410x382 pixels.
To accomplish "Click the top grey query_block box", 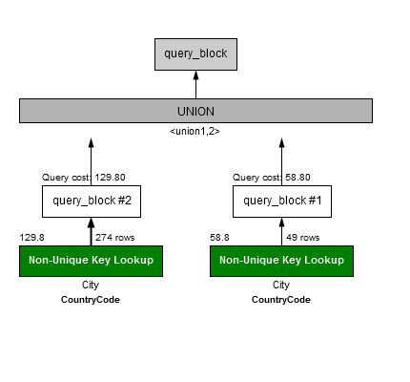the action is pyautogui.click(x=195, y=54).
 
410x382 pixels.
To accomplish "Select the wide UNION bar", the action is pyautogui.click(x=195, y=111).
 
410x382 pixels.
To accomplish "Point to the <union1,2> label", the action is pyautogui.click(x=195, y=131).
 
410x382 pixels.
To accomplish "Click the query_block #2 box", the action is pyautogui.click(x=92, y=202).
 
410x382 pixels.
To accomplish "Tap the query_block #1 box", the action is pyautogui.click(x=282, y=202).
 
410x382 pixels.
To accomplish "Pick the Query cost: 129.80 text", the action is pyautogui.click(x=84, y=178).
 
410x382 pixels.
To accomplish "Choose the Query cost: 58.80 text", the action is pyautogui.click(x=272, y=178).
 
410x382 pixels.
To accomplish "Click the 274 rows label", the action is pyautogui.click(x=115, y=238).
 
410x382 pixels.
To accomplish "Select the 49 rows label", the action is pyautogui.click(x=303, y=238).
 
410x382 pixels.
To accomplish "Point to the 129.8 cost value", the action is pyautogui.click(x=32, y=238).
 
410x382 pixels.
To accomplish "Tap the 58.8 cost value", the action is pyautogui.click(x=219, y=238).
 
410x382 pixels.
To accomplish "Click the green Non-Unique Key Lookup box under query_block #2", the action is pyautogui.click(x=91, y=261).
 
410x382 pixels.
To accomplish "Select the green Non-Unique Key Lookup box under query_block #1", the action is pyautogui.click(x=281, y=261).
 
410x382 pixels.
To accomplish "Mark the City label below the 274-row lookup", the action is pyautogui.click(x=91, y=285).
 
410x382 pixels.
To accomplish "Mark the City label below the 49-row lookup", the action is pyautogui.click(x=281, y=285).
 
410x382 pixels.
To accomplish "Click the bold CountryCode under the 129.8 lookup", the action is pyautogui.click(x=91, y=300).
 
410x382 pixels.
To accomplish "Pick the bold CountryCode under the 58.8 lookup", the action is pyautogui.click(x=281, y=300).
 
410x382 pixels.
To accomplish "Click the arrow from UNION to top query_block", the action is pyautogui.click(x=195, y=85).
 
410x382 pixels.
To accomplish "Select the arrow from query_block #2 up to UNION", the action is pyautogui.click(x=92, y=161).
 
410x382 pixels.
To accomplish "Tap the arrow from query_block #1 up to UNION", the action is pyautogui.click(x=281, y=161).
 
